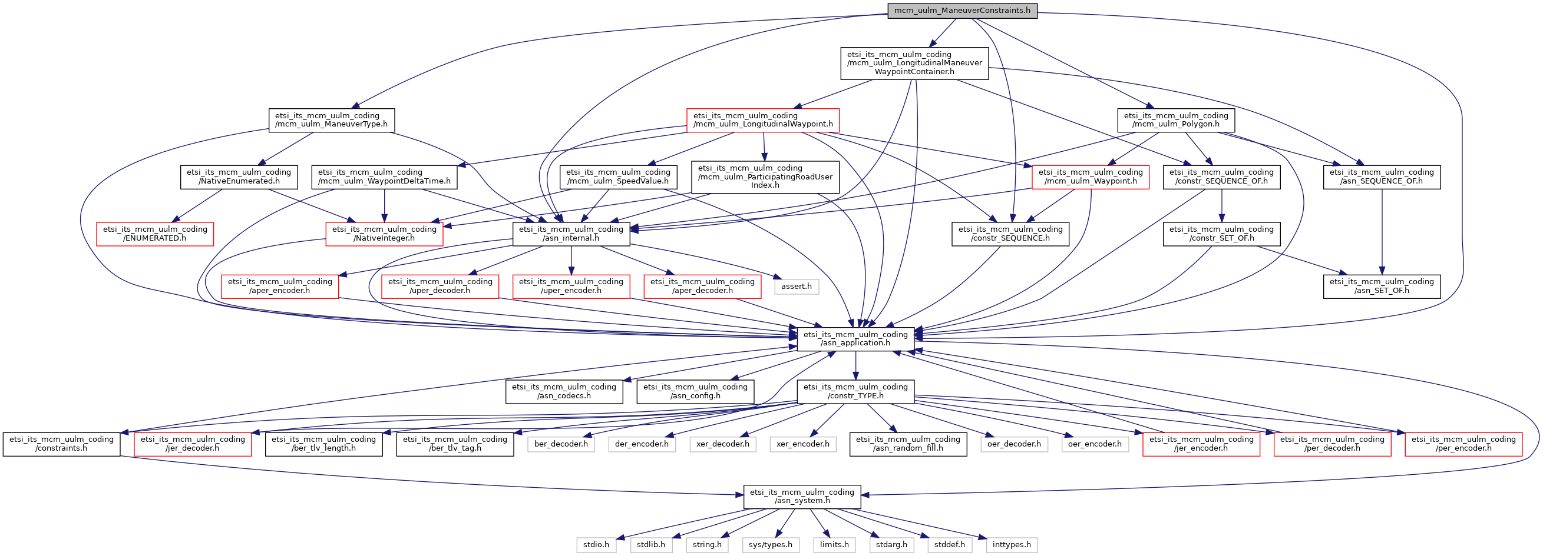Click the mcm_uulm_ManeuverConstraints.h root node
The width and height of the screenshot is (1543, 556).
962,11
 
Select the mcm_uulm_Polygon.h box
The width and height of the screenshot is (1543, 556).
1176,120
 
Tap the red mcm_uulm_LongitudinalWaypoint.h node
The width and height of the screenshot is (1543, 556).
762,120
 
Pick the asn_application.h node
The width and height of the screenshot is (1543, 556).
855,339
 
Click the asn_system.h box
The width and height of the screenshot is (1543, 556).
802,497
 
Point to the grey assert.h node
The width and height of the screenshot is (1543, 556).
796,287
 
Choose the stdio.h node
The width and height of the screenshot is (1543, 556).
596,545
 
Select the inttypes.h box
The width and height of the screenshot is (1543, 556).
1011,545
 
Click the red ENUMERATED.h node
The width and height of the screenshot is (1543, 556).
155,234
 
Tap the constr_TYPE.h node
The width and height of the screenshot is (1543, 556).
855,391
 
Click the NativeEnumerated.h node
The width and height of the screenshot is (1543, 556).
239,177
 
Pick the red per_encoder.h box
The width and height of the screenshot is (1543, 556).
1463,444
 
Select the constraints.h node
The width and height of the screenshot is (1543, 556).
62,444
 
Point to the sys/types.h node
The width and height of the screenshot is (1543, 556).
770,545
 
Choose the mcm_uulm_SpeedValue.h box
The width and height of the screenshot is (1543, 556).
618,177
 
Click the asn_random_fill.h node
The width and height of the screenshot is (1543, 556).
907,444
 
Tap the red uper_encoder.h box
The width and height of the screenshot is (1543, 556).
571,286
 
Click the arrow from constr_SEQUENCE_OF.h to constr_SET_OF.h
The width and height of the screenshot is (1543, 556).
1221,206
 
